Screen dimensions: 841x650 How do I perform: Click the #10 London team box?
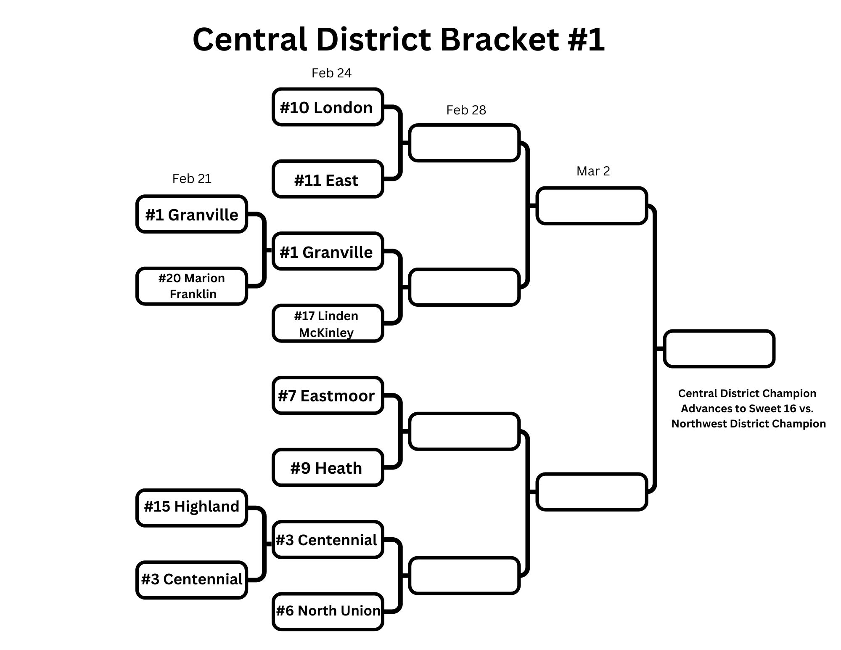328,107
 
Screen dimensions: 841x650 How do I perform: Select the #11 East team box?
328,179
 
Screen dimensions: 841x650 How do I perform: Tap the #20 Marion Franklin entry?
192,286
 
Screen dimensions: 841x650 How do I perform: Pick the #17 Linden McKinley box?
328,323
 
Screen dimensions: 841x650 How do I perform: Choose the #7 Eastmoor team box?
328,395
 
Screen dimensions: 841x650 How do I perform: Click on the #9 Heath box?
328,467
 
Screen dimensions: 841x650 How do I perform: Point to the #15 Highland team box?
192,508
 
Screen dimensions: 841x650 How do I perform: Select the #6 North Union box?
328,612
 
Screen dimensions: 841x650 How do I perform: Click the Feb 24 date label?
331,73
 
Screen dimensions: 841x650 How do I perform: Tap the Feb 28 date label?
466,110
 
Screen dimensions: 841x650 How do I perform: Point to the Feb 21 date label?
192,179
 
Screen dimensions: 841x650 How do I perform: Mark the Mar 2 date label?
593,171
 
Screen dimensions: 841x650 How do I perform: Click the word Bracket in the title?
500,39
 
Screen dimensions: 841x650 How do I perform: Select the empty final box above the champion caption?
719,349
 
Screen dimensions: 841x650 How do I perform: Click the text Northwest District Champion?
748,424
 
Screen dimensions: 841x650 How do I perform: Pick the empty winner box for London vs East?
464,143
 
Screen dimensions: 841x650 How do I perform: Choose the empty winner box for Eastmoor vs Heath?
464,432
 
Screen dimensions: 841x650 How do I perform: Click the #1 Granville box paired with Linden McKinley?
328,251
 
